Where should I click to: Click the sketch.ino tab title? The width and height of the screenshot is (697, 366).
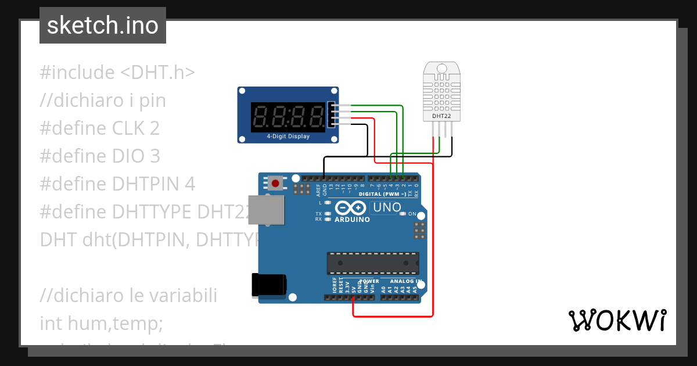(103, 26)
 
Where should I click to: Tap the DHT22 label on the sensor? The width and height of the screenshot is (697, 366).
(441, 116)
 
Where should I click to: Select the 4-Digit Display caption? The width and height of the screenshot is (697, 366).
(288, 137)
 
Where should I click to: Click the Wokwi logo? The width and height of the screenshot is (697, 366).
(617, 320)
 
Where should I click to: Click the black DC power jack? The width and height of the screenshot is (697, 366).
(268, 285)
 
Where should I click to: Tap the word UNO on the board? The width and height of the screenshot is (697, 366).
(387, 207)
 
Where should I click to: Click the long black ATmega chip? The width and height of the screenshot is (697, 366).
(372, 263)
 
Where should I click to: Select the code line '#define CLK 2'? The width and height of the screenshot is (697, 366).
(99, 128)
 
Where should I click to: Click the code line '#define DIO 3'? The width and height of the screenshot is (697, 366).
(99, 156)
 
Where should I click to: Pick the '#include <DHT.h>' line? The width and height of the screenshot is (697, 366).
(117, 73)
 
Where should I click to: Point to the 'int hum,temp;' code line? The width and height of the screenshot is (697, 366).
(101, 323)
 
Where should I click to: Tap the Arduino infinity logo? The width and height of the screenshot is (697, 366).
(350, 208)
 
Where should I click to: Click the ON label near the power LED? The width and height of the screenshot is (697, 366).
(413, 214)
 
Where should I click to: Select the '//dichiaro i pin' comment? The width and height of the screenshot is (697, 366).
(103, 101)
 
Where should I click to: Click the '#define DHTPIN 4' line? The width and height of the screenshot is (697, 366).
(117, 184)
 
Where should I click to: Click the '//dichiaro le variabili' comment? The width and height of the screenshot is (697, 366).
(128, 295)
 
